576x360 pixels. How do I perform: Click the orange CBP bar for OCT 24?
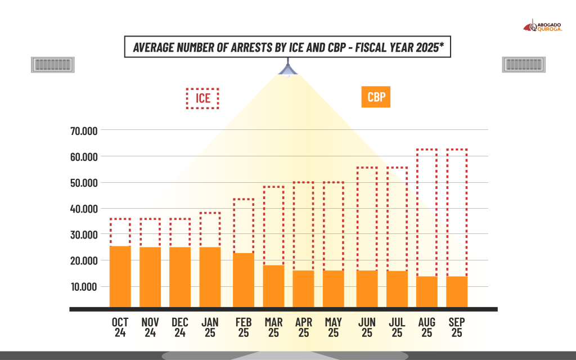[x=120, y=276]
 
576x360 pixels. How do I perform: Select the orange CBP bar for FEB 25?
[x=244, y=280]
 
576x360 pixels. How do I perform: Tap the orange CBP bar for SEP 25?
[x=457, y=291]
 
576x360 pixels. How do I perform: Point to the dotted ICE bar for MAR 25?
[x=273, y=225]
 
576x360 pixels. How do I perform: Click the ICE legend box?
[x=202, y=98]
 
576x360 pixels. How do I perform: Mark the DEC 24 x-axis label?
[x=180, y=327]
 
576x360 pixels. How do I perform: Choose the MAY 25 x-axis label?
[x=334, y=327]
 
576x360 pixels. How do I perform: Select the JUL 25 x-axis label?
[x=397, y=327]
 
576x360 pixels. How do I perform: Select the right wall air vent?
[x=524, y=65]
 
